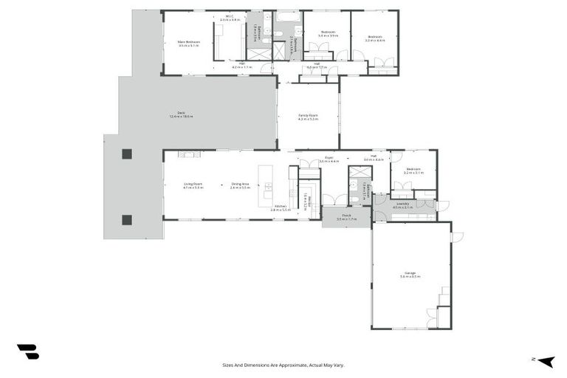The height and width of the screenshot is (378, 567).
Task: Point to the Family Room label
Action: pos(308,117)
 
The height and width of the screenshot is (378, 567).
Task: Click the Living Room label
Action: pos(193,186)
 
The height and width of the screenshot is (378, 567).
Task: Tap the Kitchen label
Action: pos(280,208)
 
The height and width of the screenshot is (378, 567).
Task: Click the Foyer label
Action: pos(329,159)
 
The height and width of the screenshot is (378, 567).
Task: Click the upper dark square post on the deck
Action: pos(126,154)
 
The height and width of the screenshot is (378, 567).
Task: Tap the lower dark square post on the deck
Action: pos(126,219)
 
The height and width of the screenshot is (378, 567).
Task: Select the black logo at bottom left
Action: pos(27,351)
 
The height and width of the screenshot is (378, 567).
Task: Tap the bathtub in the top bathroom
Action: pos(287,16)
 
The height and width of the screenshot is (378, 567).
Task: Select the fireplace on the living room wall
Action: pos(189,154)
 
